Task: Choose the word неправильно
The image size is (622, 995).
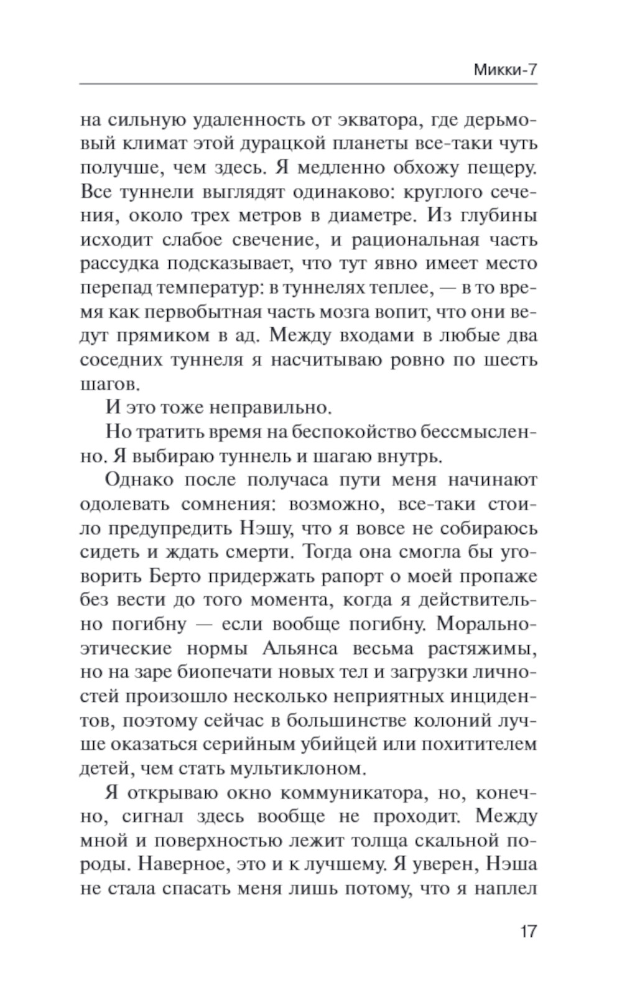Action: coord(267,408)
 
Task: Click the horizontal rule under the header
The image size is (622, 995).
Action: coord(309,83)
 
